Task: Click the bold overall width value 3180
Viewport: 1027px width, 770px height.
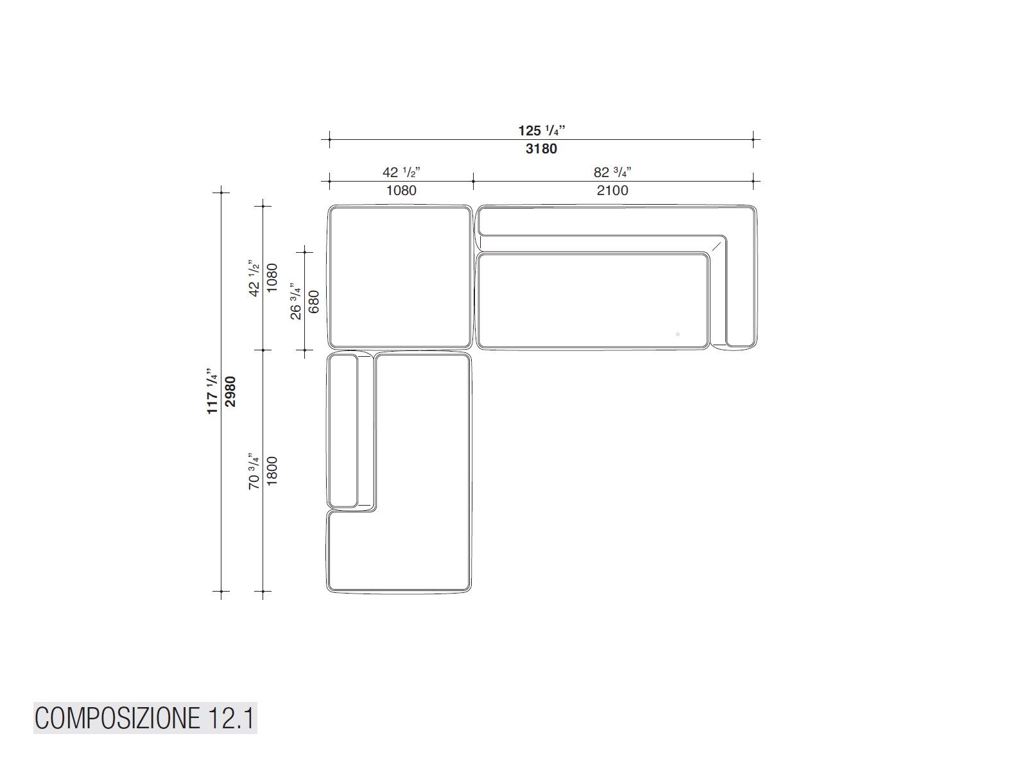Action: (x=541, y=149)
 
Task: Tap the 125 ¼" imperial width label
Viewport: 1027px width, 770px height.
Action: (x=541, y=130)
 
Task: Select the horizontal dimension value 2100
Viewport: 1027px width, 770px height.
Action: (x=612, y=191)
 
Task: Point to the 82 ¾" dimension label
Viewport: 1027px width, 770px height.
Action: (x=612, y=173)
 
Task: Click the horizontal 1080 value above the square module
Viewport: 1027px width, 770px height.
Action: (x=401, y=191)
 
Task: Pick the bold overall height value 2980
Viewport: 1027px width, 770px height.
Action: (x=230, y=392)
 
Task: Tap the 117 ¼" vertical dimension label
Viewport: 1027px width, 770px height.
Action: (x=212, y=391)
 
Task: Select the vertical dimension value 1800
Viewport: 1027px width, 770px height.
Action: (x=272, y=471)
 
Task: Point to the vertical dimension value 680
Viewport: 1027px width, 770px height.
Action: (x=314, y=302)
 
